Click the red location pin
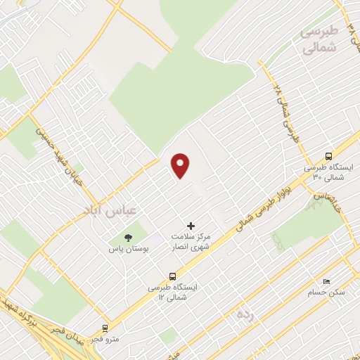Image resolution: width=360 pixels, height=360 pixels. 181,165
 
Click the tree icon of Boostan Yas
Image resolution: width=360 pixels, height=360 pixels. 128,238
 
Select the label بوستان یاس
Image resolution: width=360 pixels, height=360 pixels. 127,250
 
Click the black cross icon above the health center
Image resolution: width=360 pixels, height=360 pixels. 191,226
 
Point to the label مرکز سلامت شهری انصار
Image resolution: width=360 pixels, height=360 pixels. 195,243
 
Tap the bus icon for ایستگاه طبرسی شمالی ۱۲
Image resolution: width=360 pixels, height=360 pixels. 173,276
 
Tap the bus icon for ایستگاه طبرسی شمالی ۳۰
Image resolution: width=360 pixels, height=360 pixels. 328,157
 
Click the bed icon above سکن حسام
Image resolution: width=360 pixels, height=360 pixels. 331,279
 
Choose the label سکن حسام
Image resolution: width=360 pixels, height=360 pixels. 327,291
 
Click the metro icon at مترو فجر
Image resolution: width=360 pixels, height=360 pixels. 105,328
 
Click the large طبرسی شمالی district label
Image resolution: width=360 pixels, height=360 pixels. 320,41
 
